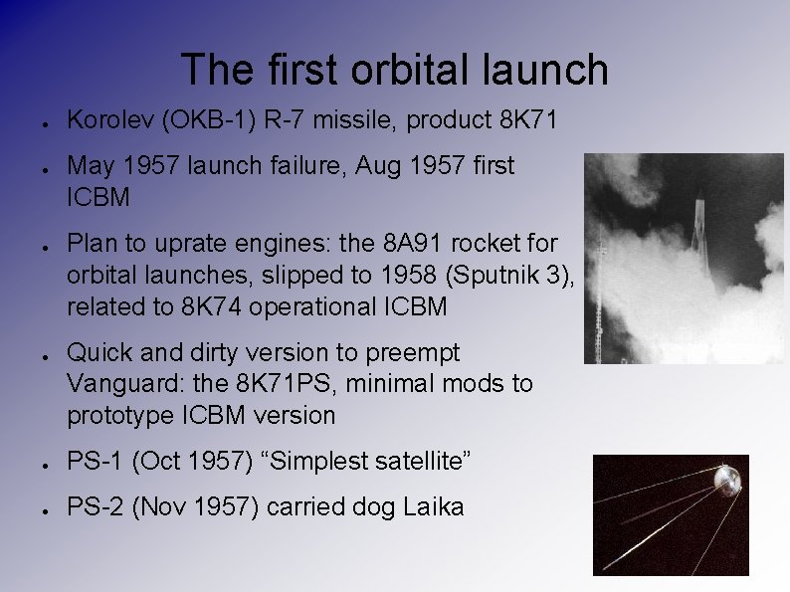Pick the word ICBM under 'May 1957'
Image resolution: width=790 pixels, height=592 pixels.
pyautogui.click(x=98, y=197)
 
